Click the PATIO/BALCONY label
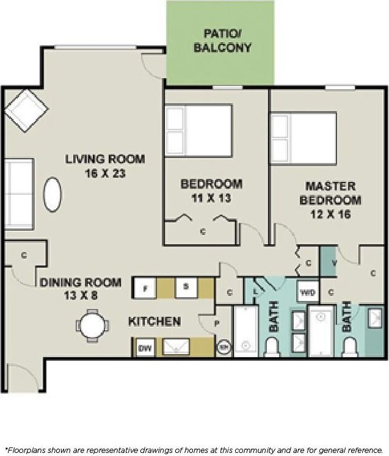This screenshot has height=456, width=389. pos(222,41)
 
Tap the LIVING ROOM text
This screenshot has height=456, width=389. pos(105,159)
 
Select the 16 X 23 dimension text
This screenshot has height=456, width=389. pos(105,173)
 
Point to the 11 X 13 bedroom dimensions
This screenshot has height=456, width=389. pos(211,198)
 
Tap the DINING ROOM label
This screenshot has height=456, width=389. pos(81,283)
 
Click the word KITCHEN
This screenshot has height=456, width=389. pos(154,321)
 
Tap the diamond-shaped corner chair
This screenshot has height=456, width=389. pos(26,110)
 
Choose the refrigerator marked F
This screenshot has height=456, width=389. pos(145,288)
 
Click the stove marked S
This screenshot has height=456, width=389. pos(186,288)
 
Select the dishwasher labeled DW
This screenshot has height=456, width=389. pos(145,348)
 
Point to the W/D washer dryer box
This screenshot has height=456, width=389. pos(308,292)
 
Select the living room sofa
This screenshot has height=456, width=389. pos(18,194)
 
